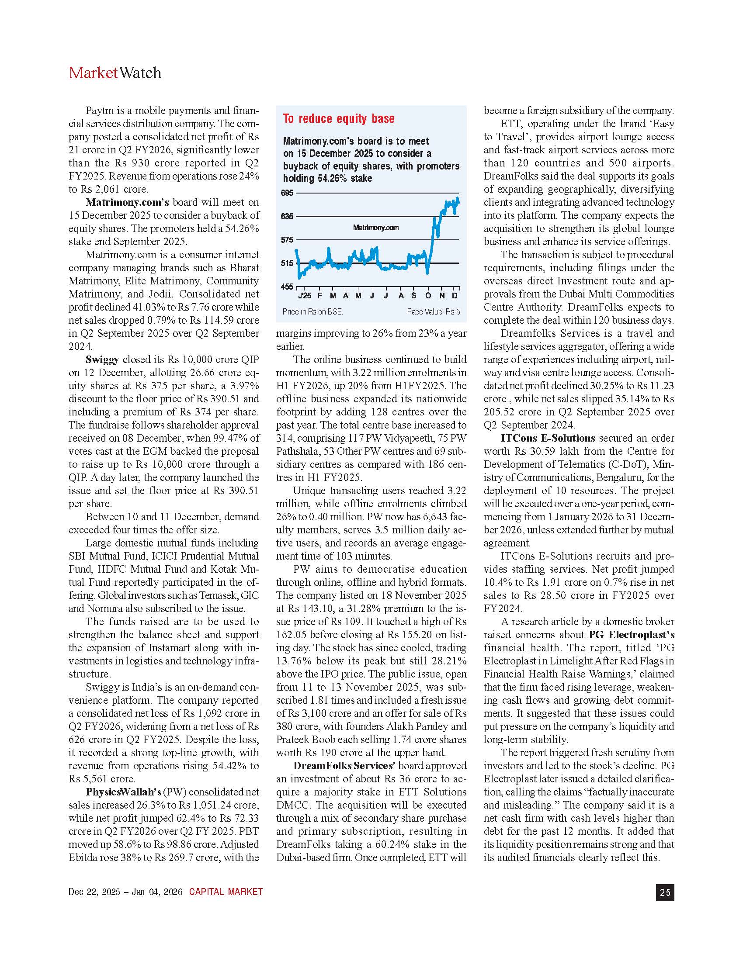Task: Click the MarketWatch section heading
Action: (x=115, y=73)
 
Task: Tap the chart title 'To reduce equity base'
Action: (x=338, y=119)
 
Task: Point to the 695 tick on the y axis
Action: (x=287, y=193)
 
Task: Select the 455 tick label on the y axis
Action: (x=287, y=287)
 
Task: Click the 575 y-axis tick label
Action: (x=287, y=240)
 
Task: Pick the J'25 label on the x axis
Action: (x=304, y=296)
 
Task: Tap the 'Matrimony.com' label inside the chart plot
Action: (x=376, y=228)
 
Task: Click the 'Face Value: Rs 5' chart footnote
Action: (x=433, y=312)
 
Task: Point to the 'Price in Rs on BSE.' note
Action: (x=312, y=312)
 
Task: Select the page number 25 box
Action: (x=665, y=892)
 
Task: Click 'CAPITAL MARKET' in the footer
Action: (x=226, y=892)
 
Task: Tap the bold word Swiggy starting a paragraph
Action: (x=102, y=360)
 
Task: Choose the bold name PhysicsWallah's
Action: (x=124, y=792)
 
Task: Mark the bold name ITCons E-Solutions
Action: (x=548, y=438)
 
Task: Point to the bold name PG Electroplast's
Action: (x=632, y=635)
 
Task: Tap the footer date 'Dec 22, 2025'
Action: (x=94, y=892)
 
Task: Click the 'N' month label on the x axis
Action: (x=442, y=296)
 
